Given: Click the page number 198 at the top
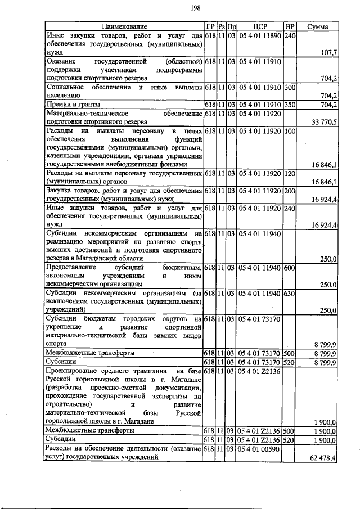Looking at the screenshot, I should tap(180, 7).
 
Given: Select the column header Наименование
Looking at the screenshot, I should tap(124, 26).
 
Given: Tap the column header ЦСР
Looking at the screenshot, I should tap(259, 26).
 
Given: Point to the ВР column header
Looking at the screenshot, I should tap(290, 26).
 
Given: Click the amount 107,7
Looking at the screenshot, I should tap(327, 52).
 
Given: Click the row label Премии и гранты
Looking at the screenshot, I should tap(73, 105).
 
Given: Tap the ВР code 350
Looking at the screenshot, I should tap(290, 105).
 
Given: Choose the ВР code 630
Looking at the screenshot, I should tap(290, 293).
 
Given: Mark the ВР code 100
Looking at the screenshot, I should tap(290, 130).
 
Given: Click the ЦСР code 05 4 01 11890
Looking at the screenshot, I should tap(259, 35).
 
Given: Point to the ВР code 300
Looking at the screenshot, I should tap(290, 88).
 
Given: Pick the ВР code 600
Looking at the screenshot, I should tap(290, 268).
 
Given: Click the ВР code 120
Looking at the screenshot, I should tap(290, 174).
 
